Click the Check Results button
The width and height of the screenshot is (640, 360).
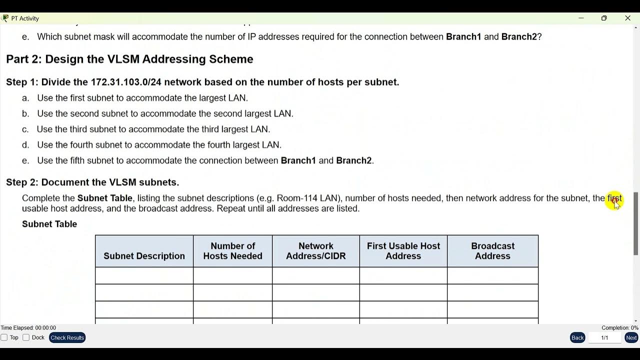point(67,337)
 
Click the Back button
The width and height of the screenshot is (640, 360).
point(577,337)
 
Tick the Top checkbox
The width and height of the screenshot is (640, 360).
point(4,337)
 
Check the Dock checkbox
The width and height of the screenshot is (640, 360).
point(26,337)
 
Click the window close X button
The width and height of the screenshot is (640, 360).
point(627,18)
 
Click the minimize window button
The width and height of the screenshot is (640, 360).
point(581,18)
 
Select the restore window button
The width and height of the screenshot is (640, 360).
point(604,18)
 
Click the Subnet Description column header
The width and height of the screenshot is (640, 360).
point(144,256)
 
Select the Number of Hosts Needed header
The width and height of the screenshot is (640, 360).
point(232,251)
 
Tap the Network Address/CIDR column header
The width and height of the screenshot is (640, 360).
point(315,251)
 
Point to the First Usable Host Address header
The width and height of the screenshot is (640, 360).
point(403,251)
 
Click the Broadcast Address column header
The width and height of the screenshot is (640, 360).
point(492,251)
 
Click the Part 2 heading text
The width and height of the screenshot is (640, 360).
point(129,59)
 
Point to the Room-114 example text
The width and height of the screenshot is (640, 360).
point(297,198)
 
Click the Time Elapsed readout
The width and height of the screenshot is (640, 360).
point(28,328)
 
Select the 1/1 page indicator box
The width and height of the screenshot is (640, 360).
point(604,337)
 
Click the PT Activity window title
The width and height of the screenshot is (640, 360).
point(25,18)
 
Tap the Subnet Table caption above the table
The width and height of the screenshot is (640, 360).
point(49,224)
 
